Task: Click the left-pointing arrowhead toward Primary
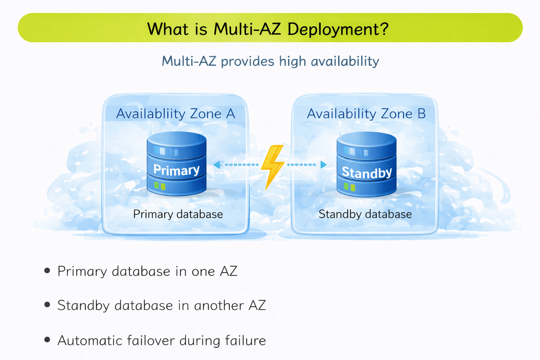217,165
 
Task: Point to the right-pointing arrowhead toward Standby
323,165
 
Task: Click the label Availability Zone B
366,114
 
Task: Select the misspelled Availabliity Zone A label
175,114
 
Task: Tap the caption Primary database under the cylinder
178,214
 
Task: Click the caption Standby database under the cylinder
365,214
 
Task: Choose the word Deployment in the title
337,29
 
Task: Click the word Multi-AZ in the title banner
247,29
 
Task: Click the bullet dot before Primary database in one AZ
47,271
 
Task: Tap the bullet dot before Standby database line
47,305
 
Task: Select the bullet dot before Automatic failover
47,340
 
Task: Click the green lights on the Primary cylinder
160,186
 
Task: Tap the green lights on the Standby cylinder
349,187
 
